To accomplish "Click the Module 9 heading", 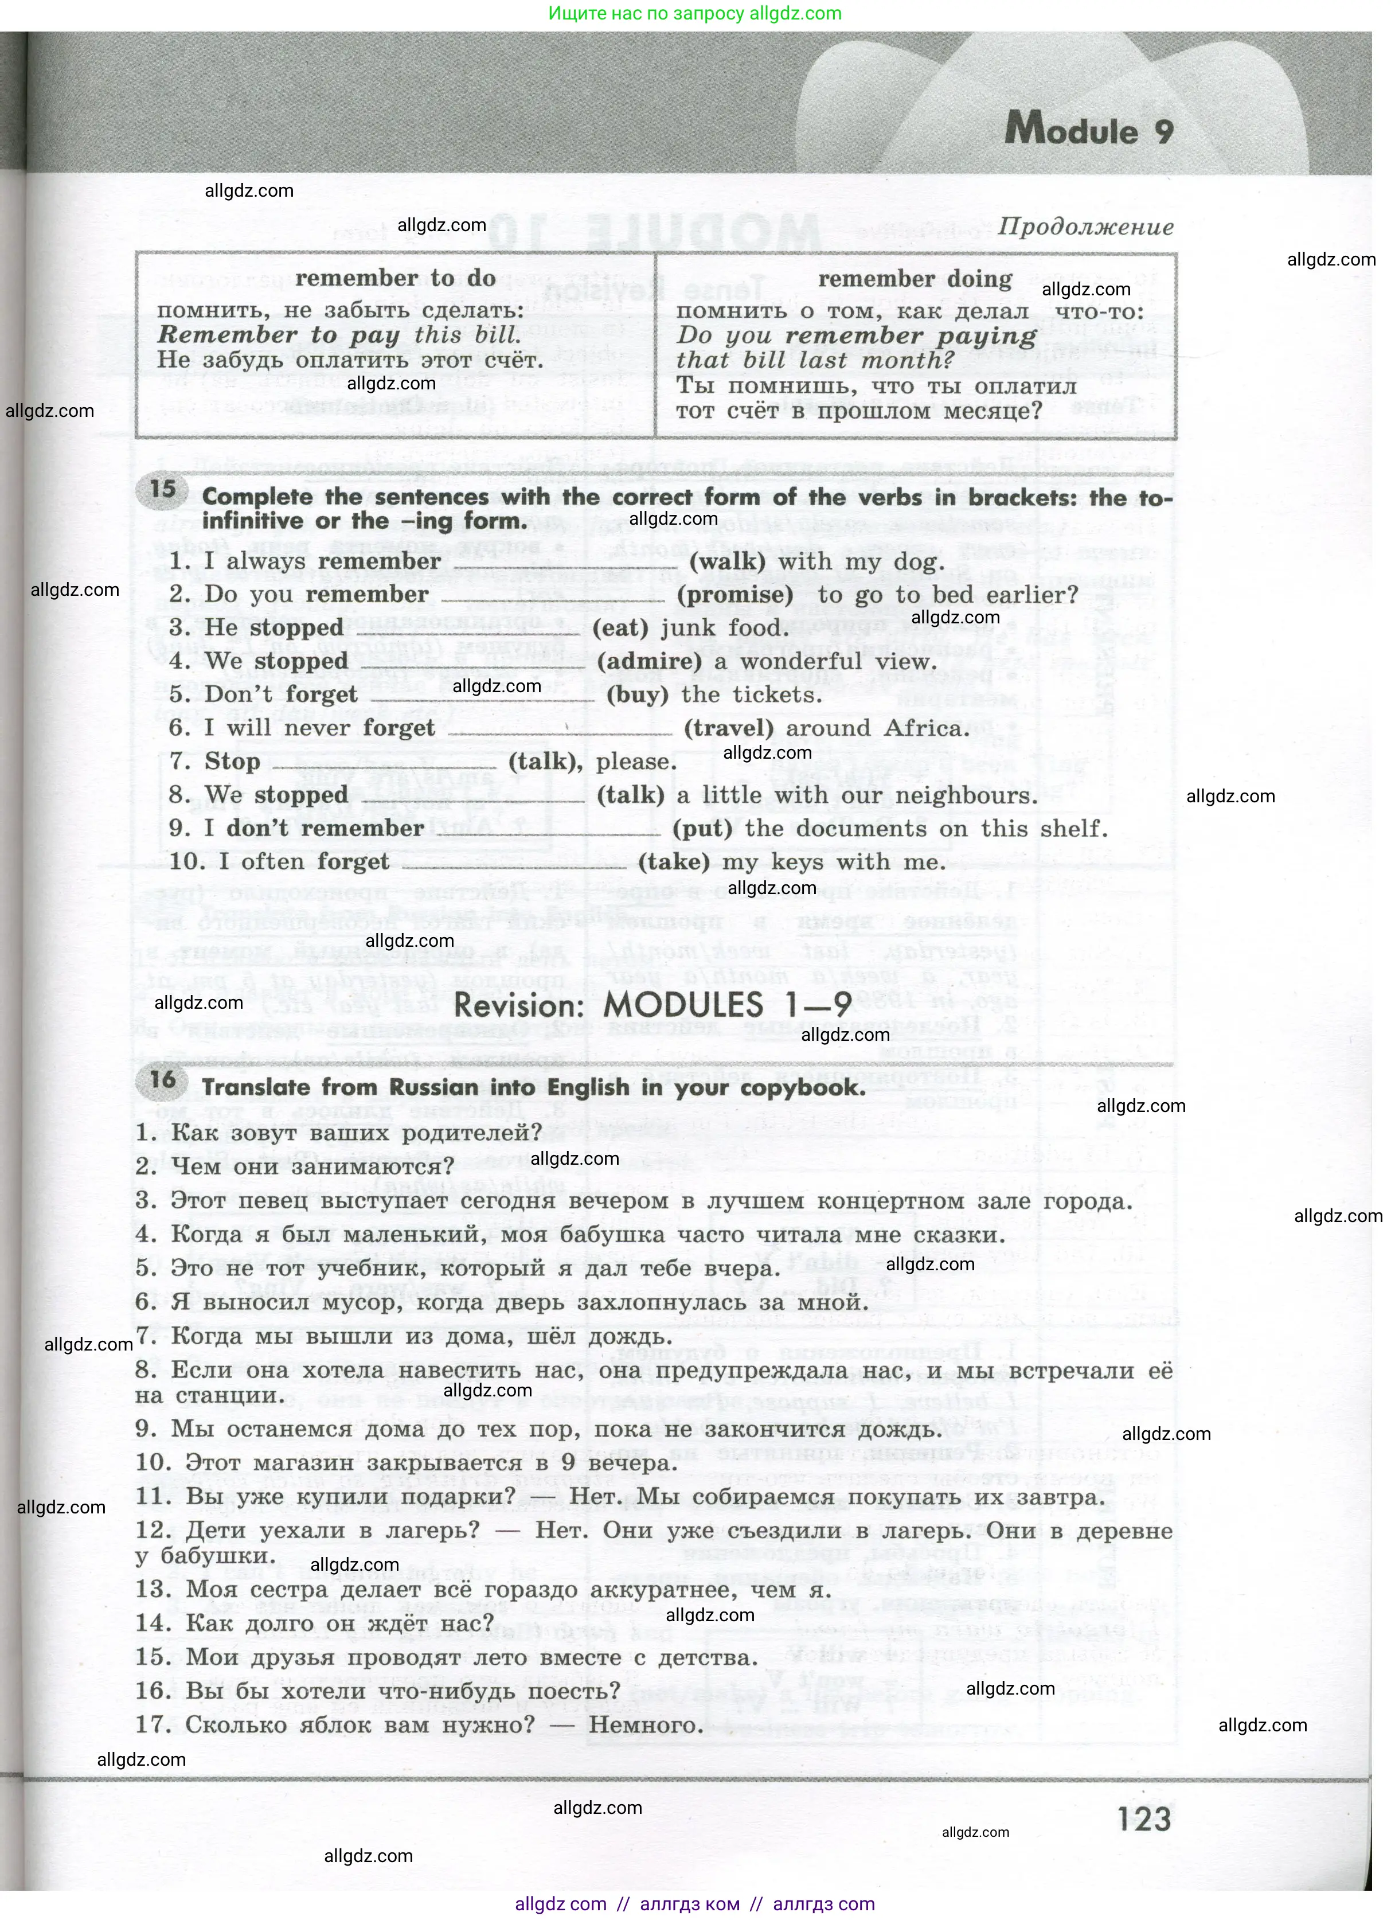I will (1089, 131).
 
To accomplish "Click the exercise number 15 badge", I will (163, 489).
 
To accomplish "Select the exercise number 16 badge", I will (163, 1079).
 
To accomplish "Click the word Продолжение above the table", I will (1085, 227).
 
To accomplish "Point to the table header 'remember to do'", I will (396, 279).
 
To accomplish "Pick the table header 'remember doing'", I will (915, 279).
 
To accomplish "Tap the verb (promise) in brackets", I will (734, 595).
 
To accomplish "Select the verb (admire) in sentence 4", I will (636, 662).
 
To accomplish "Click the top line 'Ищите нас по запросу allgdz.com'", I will (694, 14).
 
